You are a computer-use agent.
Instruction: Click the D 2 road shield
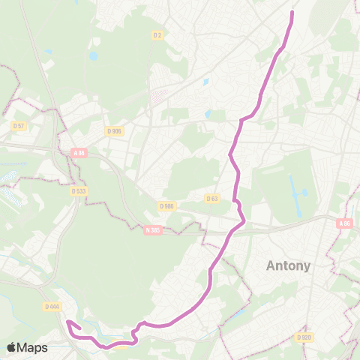click(x=157, y=34)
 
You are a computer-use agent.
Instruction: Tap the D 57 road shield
click(x=18, y=126)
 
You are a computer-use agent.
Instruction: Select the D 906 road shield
click(x=114, y=130)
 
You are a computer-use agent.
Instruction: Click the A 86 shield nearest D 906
click(x=79, y=153)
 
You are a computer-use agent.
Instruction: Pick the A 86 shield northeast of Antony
click(x=344, y=223)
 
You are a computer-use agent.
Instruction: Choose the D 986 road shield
click(x=166, y=205)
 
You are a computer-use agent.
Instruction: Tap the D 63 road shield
click(x=211, y=199)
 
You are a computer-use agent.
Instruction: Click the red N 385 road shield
click(x=154, y=230)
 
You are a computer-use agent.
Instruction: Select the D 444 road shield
click(x=52, y=306)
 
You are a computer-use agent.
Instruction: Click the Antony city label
click(x=289, y=265)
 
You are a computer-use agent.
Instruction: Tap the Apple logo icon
click(x=11, y=347)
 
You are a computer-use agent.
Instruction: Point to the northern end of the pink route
click(x=292, y=12)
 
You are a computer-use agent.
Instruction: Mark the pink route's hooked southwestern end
click(x=69, y=322)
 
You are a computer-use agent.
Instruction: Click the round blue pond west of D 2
click(x=94, y=55)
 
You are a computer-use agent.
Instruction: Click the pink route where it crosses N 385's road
click(x=228, y=234)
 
